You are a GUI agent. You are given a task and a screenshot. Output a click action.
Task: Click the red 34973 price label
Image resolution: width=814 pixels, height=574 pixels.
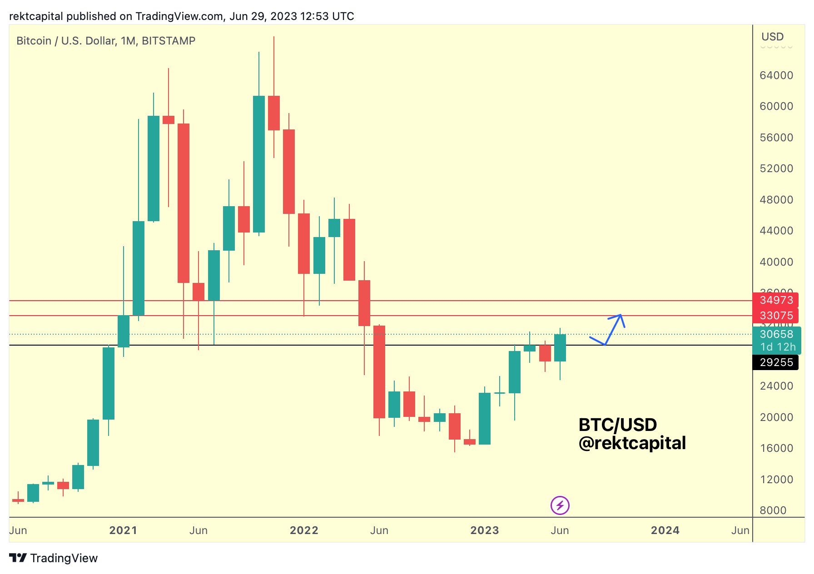(x=776, y=300)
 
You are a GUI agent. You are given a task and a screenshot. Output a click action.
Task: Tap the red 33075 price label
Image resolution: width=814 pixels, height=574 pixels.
(x=776, y=316)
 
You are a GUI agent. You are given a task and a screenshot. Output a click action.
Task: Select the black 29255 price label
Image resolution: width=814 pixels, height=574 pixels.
(x=776, y=362)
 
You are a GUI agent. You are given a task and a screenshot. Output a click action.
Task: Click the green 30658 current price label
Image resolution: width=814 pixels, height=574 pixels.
(x=776, y=334)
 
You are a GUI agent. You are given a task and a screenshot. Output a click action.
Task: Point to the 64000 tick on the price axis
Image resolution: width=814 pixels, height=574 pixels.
(x=776, y=75)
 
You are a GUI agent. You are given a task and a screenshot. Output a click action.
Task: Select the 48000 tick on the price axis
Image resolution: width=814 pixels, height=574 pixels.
(x=776, y=200)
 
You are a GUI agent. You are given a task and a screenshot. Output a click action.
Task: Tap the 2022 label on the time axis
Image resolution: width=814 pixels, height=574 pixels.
(x=304, y=530)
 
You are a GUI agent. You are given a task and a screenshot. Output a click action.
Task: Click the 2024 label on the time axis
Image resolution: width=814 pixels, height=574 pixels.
(x=665, y=530)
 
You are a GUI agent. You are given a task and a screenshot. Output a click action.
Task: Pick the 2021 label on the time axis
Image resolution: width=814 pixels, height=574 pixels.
(x=123, y=530)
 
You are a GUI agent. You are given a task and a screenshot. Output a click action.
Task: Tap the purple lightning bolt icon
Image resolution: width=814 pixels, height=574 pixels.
(x=560, y=505)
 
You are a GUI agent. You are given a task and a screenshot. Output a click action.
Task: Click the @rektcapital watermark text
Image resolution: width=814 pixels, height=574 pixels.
(x=632, y=443)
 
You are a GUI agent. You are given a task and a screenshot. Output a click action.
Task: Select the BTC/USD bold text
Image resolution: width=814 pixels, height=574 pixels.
(x=617, y=425)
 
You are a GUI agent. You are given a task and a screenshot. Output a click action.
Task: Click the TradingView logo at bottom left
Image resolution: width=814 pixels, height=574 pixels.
(x=54, y=558)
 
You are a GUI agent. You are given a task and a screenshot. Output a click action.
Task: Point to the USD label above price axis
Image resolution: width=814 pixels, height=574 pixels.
(x=772, y=37)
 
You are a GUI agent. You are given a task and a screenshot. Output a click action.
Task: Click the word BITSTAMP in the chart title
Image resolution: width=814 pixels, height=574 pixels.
(x=169, y=41)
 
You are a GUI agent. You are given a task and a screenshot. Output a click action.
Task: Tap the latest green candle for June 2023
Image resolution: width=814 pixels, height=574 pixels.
(x=560, y=348)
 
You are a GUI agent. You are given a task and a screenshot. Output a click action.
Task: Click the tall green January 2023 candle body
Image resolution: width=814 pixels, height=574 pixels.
(x=484, y=418)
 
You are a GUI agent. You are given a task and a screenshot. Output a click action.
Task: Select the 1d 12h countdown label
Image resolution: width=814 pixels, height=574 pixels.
(x=778, y=347)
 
